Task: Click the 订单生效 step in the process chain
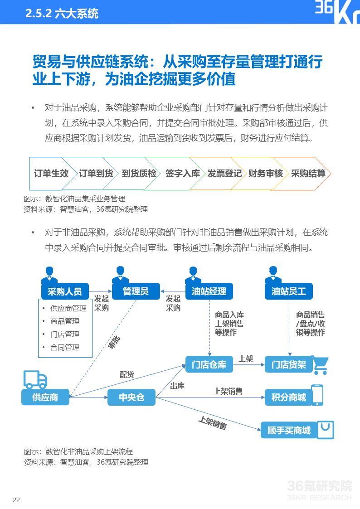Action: [51, 174]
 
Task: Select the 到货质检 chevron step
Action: [139, 174]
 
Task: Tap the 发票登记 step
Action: [224, 174]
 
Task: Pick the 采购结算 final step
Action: [308, 174]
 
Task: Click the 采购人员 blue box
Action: [64, 291]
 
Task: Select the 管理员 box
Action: [136, 291]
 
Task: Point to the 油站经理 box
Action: [209, 291]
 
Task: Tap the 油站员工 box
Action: [289, 291]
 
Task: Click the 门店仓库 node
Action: [209, 365]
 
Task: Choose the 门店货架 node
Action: [289, 365]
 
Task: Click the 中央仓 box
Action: [131, 398]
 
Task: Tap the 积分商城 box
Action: [289, 398]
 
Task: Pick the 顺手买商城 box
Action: [289, 430]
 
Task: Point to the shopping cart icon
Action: [321, 365]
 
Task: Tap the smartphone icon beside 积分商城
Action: [317, 395]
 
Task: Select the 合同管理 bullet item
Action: [65, 348]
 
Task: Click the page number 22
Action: [16, 500]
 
